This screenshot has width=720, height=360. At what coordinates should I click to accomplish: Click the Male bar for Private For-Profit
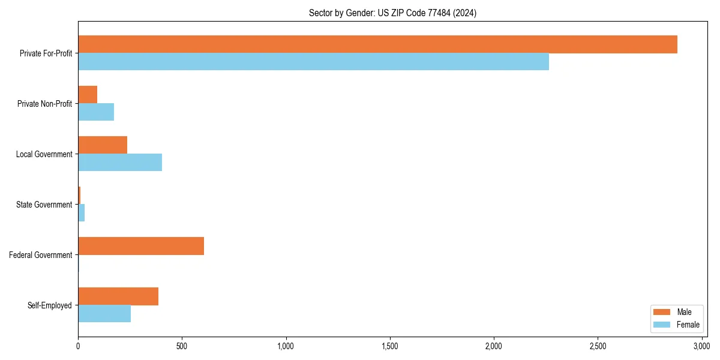(377, 44)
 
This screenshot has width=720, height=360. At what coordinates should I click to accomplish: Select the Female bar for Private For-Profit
(313, 62)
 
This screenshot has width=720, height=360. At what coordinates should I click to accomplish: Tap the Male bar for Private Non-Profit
(88, 95)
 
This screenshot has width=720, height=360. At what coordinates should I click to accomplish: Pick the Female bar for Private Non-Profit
(96, 112)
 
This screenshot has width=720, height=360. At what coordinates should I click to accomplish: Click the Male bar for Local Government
(103, 145)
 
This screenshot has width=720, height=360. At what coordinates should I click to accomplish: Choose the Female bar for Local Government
(120, 163)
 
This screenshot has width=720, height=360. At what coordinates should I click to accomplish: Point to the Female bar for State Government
(82, 213)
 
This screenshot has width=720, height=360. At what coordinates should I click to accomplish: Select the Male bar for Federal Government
(141, 246)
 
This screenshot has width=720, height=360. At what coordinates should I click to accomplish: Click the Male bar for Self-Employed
(118, 296)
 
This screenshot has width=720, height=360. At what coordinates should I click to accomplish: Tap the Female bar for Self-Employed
(104, 314)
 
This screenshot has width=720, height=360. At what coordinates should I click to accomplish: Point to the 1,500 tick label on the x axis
(390, 347)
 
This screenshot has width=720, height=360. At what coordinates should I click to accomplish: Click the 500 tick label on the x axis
(182, 347)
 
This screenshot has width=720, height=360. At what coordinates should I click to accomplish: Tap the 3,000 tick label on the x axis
(701, 347)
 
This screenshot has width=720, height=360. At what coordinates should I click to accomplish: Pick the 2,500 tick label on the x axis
(598, 347)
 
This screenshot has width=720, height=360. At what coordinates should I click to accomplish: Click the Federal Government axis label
(41, 255)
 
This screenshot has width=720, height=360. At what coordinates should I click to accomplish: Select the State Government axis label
(44, 205)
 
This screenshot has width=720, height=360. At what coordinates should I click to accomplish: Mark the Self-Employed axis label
(50, 305)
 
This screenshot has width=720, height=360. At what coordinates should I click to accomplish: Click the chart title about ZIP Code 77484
(392, 13)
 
